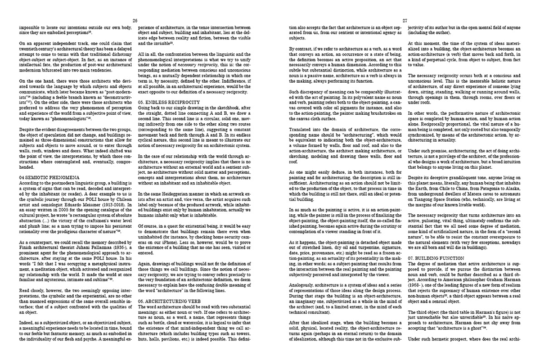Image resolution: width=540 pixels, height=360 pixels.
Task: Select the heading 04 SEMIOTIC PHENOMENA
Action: click(x=44, y=175)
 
